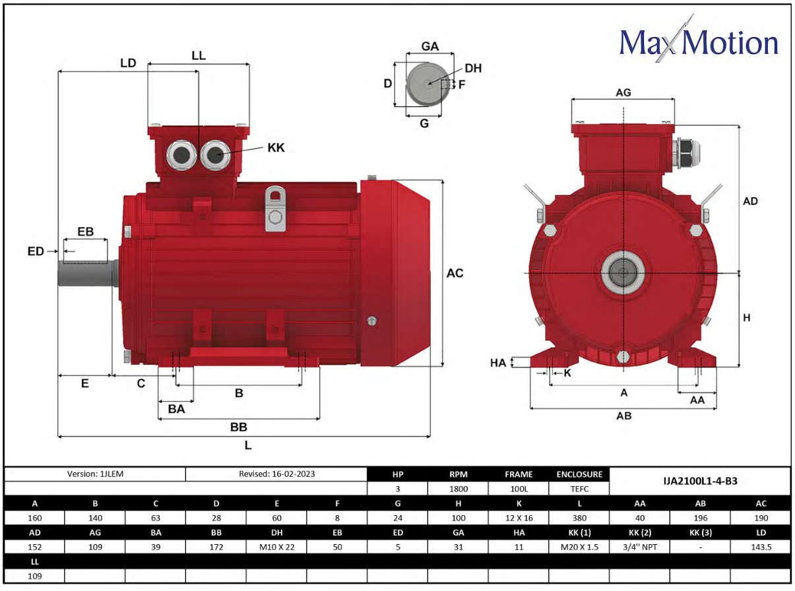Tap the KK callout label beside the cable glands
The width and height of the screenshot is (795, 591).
click(x=276, y=148)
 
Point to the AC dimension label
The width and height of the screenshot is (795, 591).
click(x=455, y=273)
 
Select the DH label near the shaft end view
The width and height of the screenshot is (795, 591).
click(x=473, y=69)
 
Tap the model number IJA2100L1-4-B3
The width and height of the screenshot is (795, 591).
click(x=700, y=481)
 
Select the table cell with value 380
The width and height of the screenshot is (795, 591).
click(x=579, y=518)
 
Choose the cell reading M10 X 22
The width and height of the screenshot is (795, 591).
click(x=276, y=547)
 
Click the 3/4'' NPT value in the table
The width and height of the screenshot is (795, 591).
click(x=639, y=547)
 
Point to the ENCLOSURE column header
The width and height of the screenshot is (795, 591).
click(x=579, y=474)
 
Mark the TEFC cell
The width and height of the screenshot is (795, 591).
click(x=579, y=489)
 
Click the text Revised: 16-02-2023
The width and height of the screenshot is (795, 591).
click(x=276, y=474)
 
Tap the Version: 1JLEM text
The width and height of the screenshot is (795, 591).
click(x=94, y=474)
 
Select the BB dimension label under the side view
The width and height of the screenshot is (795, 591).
click(x=238, y=427)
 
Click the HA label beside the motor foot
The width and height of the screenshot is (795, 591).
click(x=498, y=363)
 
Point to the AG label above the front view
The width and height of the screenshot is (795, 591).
click(x=623, y=93)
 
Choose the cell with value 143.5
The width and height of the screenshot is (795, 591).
click(x=761, y=547)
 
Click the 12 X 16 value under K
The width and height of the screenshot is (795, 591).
click(x=519, y=518)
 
